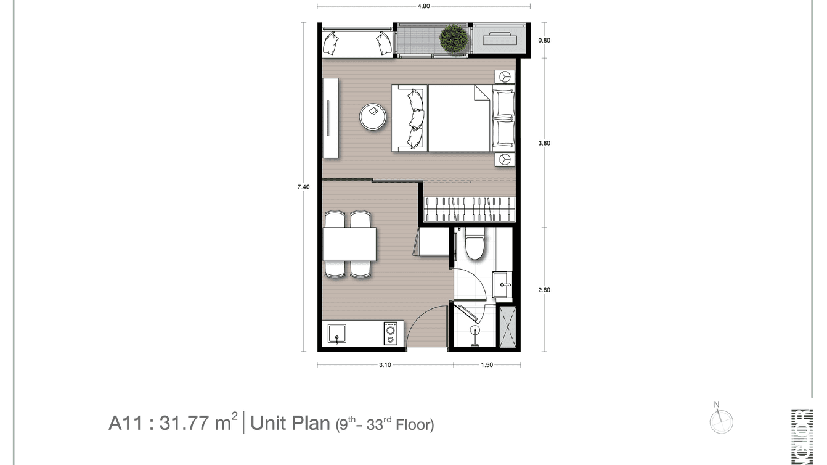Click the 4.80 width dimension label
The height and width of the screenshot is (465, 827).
pos(423,6)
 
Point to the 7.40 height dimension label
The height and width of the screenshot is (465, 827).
pos(303,186)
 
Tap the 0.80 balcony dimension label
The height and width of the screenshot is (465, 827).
pos(544,41)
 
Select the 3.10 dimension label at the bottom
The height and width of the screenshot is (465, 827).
pos(385,364)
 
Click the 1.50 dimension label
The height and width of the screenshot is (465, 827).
pos(486,364)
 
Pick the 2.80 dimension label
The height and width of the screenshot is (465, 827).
pos(544,290)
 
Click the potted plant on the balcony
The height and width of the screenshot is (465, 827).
pos(454,39)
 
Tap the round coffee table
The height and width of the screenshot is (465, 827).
pos(373,116)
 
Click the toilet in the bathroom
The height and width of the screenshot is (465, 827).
pos(475,245)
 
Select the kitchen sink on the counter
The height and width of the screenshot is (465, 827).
pos(336,334)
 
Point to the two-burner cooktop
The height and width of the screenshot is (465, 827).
pos(390,334)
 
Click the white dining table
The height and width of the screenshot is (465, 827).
pos(349,244)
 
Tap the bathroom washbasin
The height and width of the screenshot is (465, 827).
pos(503,284)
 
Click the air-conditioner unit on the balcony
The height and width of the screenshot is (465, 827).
pos(499,39)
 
